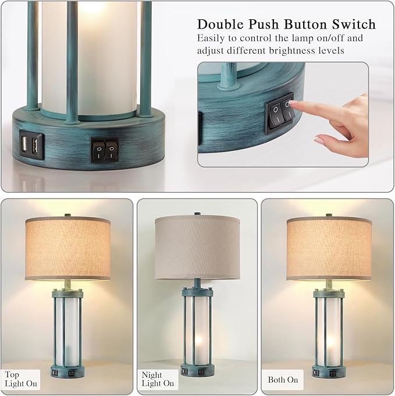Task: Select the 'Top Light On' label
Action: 22,379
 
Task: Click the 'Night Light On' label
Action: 158,379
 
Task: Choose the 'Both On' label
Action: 283,380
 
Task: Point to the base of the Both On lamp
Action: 329,371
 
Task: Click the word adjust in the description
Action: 211,51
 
